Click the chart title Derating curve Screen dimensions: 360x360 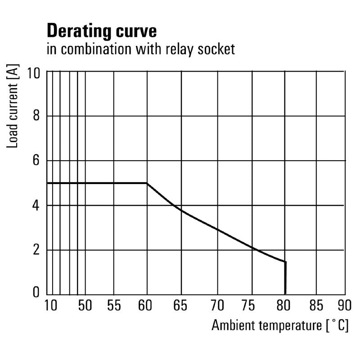(x=102, y=31)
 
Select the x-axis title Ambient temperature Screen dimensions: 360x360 (x=265, y=325)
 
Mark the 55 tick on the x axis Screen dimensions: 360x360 (x=114, y=306)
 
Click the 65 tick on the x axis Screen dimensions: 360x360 (x=181, y=306)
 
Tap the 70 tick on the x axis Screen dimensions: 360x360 (x=218, y=306)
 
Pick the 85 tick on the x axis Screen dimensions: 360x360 (x=316, y=306)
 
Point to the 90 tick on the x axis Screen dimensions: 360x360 (x=345, y=306)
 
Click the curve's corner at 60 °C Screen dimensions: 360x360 (x=147, y=183)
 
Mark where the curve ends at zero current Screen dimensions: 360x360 (x=285, y=294)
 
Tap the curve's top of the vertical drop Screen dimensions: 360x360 (x=285, y=261)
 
